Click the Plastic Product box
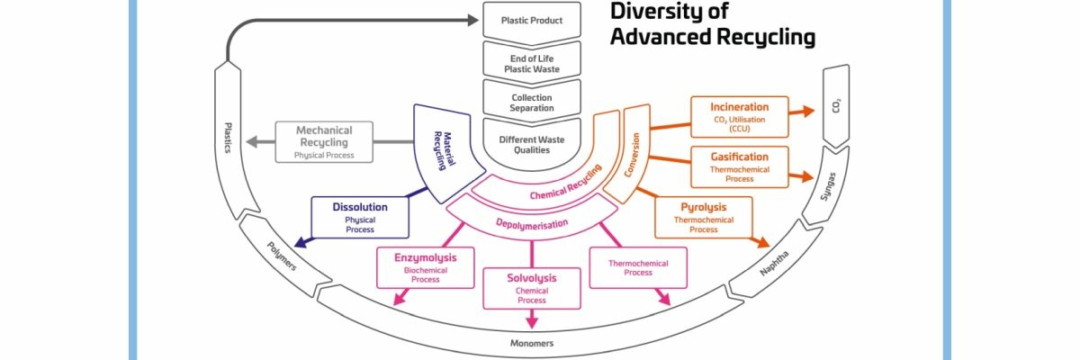531,19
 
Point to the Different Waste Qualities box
531,145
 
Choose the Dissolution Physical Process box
360,217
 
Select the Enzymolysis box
425,268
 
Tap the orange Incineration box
739,116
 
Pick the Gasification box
739,166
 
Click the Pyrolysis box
703,218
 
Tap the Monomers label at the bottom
532,344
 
